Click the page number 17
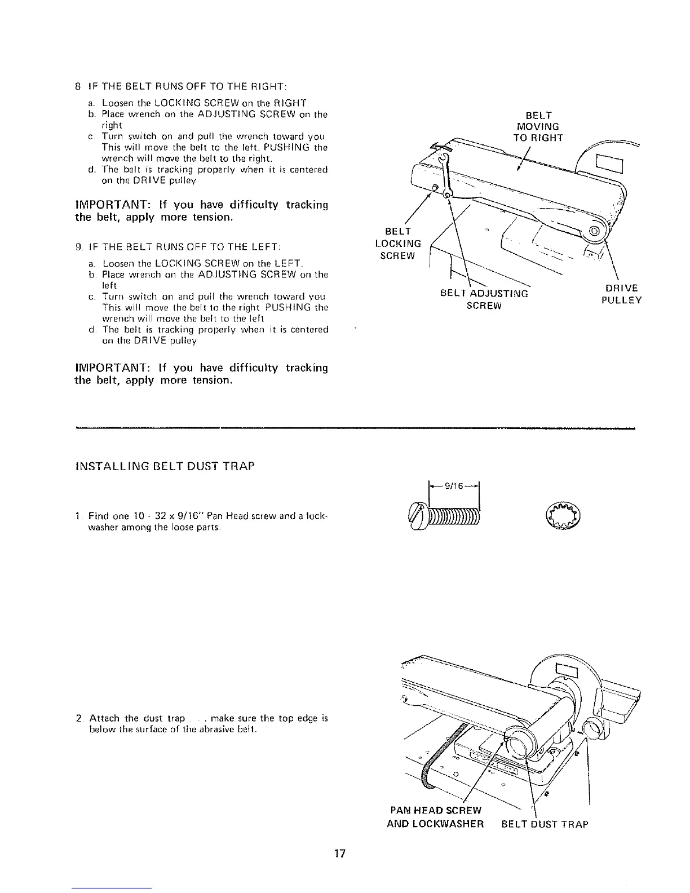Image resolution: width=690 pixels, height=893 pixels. coord(339,853)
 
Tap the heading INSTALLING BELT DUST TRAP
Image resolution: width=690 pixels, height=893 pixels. coord(165,466)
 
